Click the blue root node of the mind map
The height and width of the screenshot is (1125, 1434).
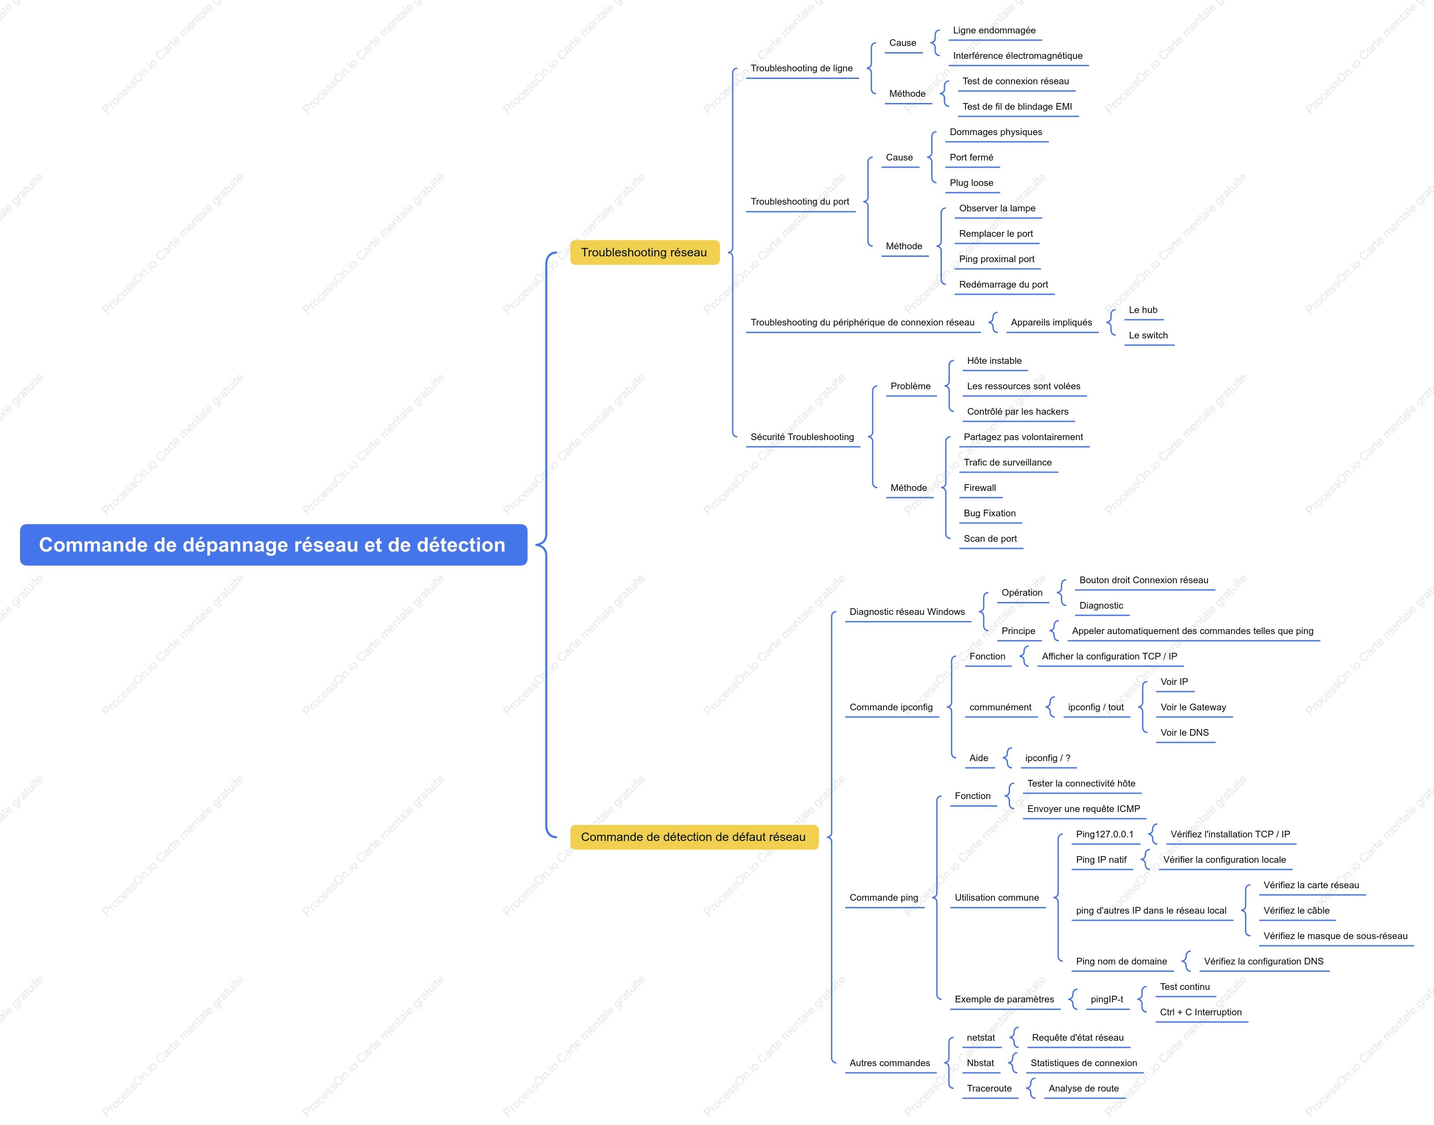point(273,545)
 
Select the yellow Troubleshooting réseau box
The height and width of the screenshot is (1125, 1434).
point(645,252)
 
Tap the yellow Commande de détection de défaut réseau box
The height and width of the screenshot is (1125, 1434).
point(694,837)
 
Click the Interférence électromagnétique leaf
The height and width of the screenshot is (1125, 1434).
point(1017,56)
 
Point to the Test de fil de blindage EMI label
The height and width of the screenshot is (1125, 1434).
point(1017,107)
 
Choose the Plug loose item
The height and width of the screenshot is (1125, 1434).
point(971,183)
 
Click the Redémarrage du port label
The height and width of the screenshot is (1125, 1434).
point(1003,284)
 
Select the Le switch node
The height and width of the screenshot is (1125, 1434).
point(1148,335)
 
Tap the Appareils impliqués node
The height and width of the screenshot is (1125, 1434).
point(1052,323)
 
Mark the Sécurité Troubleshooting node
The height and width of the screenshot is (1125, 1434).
point(802,437)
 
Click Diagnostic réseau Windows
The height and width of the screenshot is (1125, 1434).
point(907,612)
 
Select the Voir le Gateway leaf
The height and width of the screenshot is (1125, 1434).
point(1193,707)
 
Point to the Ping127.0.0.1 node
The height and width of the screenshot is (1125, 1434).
point(1105,835)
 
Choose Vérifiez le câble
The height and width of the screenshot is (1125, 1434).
point(1296,911)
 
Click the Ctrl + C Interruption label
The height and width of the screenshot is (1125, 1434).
point(1201,1012)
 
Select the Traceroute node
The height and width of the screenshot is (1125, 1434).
point(989,1089)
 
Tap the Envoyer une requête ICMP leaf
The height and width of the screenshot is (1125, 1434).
point(1084,809)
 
